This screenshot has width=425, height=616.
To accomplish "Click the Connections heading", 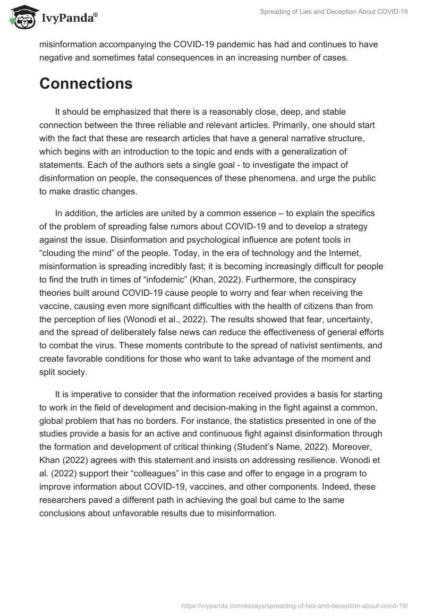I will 86,83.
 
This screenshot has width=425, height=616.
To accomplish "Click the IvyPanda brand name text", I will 68,19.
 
